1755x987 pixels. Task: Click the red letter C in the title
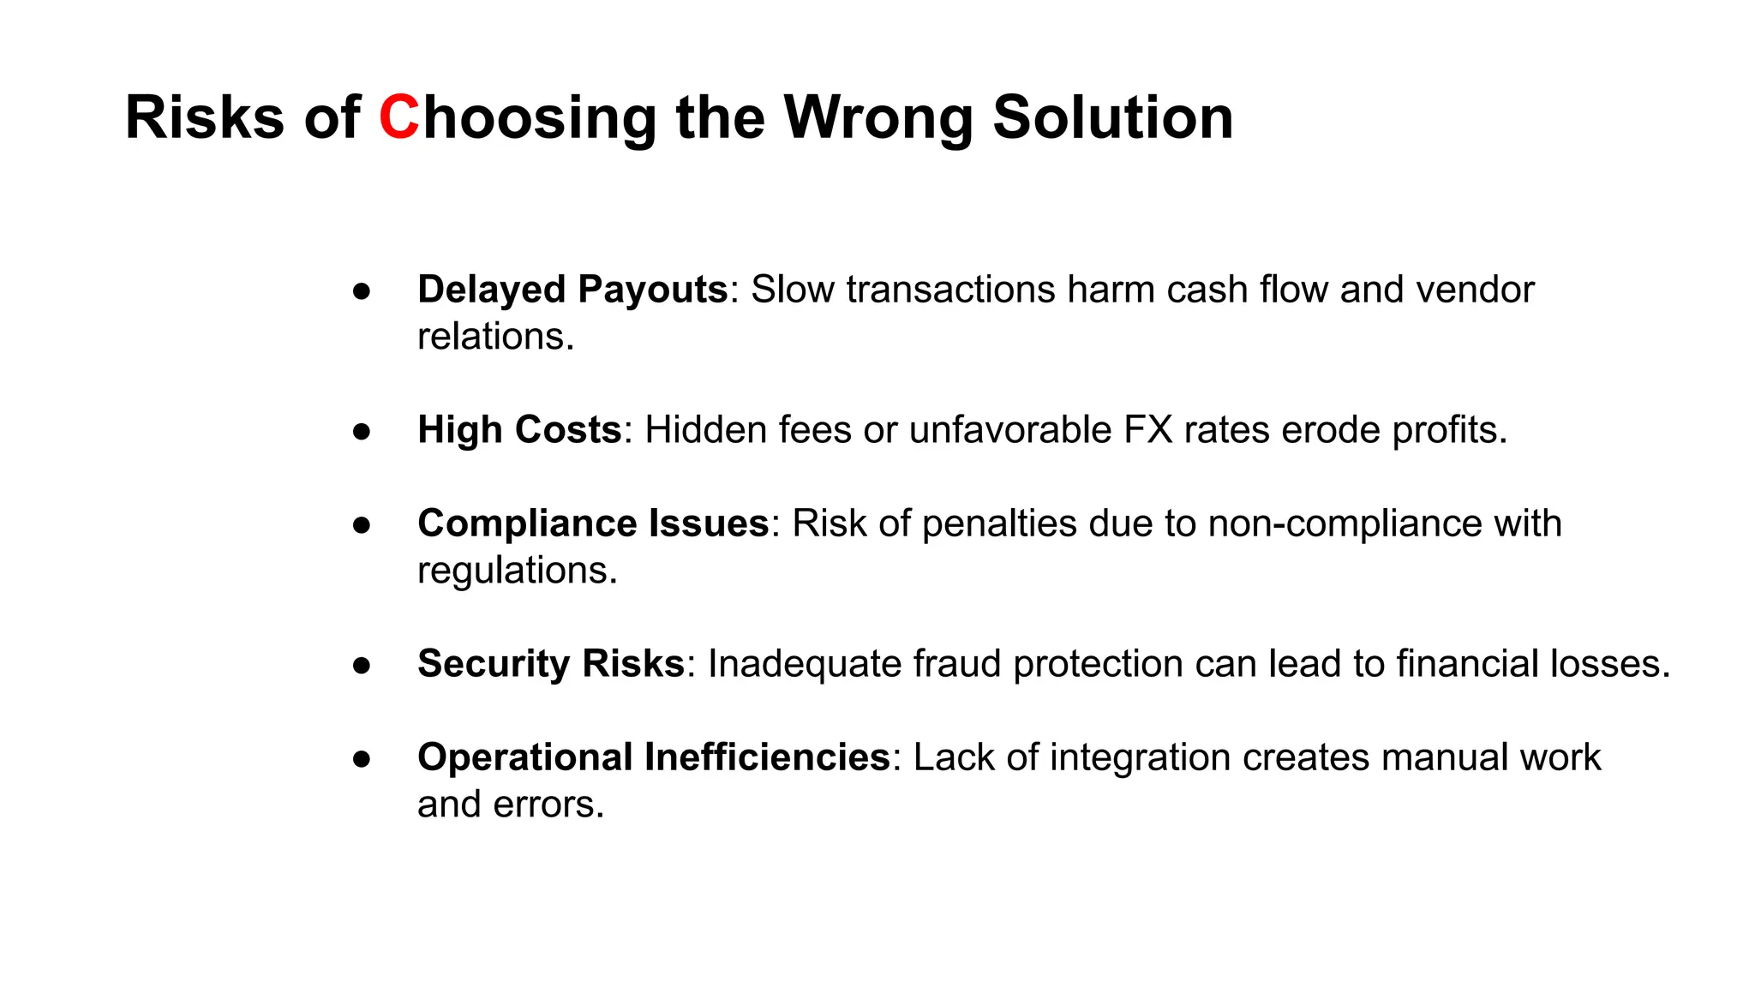[399, 117]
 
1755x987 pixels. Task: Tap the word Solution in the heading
[1113, 117]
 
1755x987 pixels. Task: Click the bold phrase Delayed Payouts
[572, 290]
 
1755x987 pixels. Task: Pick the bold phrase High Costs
[519, 430]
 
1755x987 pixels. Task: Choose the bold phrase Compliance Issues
[593, 523]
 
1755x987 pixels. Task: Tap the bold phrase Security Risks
[551, 664]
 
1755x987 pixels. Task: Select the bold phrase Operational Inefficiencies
[654, 757]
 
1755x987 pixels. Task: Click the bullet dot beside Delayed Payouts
[362, 291]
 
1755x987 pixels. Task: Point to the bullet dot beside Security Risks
[362, 666]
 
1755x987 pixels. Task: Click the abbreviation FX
[1147, 430]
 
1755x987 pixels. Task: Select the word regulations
[517, 571]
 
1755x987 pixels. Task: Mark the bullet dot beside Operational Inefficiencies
[362, 759]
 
